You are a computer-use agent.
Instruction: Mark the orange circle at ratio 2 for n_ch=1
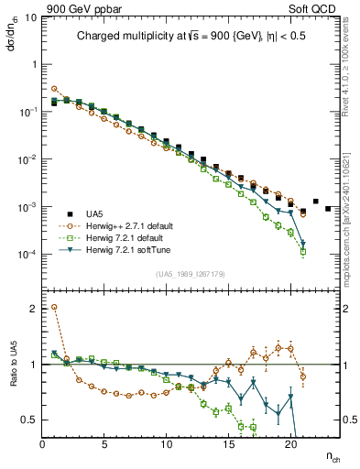[55, 307]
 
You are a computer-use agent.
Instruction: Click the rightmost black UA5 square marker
[328, 209]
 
